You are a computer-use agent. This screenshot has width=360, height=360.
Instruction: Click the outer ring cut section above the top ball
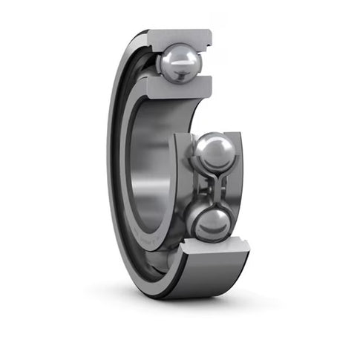(181, 38)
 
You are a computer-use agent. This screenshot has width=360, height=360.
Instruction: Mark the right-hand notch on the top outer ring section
(210, 35)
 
